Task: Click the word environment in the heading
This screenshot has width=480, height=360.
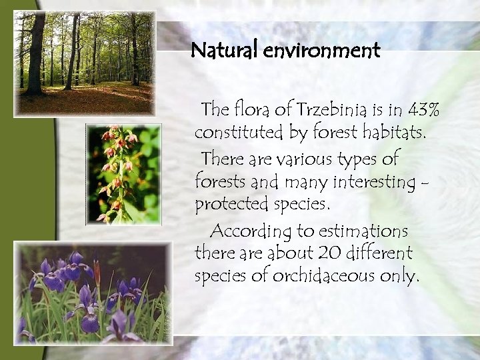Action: click(x=321, y=51)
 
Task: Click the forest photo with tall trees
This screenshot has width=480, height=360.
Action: click(x=84, y=63)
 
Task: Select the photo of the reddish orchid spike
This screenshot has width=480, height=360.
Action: click(x=123, y=173)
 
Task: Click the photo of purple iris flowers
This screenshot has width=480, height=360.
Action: click(x=92, y=293)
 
